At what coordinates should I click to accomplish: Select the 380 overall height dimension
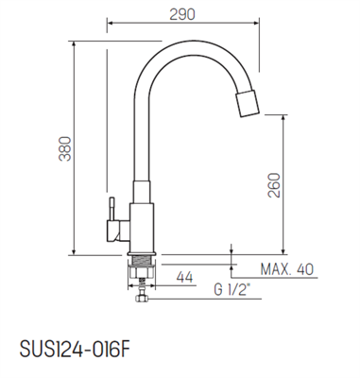point(64,146)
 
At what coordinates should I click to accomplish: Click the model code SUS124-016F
point(74,347)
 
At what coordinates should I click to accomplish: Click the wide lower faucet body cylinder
point(140,225)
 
